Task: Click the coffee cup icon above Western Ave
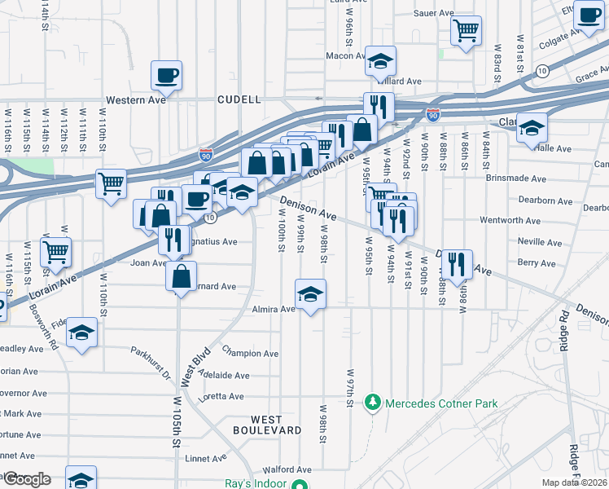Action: (x=166, y=75)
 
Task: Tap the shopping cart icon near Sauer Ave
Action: (x=465, y=32)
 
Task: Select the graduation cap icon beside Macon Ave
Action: (x=380, y=61)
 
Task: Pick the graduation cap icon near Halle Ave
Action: (x=532, y=128)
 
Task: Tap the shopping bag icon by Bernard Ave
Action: (x=181, y=275)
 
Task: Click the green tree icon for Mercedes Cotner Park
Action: (x=372, y=403)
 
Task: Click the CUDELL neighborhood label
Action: (x=239, y=99)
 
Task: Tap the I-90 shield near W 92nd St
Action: (x=433, y=117)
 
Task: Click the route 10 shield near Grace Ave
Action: (x=541, y=72)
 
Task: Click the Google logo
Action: (x=27, y=479)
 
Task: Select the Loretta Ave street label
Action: (x=221, y=397)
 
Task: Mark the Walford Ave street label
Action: (x=287, y=469)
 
